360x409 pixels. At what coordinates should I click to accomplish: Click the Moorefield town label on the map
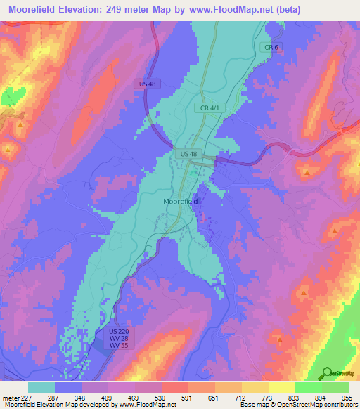(181, 201)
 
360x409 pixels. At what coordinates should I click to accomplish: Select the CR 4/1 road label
(207, 108)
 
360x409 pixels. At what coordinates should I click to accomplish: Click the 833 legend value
(295, 397)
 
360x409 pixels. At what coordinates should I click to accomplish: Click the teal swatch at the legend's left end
(41, 387)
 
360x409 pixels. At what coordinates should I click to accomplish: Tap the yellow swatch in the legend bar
(281, 387)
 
